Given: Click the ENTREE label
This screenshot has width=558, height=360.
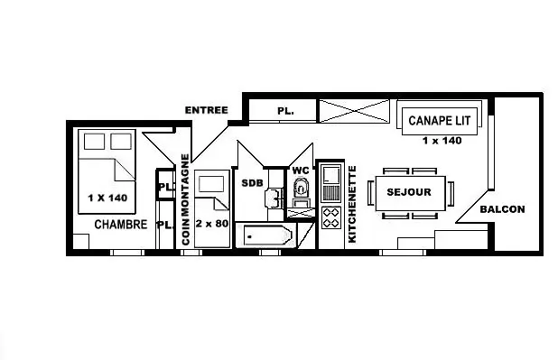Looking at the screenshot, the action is (x=207, y=110).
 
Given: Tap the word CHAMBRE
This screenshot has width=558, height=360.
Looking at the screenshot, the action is (x=121, y=225).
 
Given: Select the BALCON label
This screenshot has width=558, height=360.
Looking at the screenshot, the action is (x=503, y=209).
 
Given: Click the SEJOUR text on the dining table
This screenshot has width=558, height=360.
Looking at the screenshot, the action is (x=409, y=192).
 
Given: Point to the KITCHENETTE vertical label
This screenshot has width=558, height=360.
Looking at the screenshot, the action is (x=351, y=204).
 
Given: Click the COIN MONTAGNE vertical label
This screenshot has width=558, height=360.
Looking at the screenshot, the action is (x=185, y=199).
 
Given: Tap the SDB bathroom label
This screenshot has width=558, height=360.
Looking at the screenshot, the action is (x=252, y=183).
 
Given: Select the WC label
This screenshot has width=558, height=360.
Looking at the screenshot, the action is (x=301, y=171).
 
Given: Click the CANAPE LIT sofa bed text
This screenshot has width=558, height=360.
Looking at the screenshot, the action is (x=440, y=121).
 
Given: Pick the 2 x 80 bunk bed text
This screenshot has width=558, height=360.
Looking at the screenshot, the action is (x=212, y=224).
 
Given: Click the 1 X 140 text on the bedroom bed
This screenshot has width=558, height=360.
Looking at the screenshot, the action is (x=107, y=198).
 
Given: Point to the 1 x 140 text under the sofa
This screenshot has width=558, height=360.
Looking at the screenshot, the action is (x=442, y=141).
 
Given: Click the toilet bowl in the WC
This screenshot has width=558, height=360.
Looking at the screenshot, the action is (x=301, y=188).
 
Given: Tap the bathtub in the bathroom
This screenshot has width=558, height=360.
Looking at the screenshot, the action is (x=268, y=235).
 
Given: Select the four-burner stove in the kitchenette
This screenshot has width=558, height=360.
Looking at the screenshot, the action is (x=331, y=217).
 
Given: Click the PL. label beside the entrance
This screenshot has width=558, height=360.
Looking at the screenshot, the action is (x=285, y=111).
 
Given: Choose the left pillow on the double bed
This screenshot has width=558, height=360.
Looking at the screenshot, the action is (x=94, y=142).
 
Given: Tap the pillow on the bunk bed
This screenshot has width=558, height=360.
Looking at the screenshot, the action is (x=211, y=184).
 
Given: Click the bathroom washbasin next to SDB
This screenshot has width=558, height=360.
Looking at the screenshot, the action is (x=274, y=198).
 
